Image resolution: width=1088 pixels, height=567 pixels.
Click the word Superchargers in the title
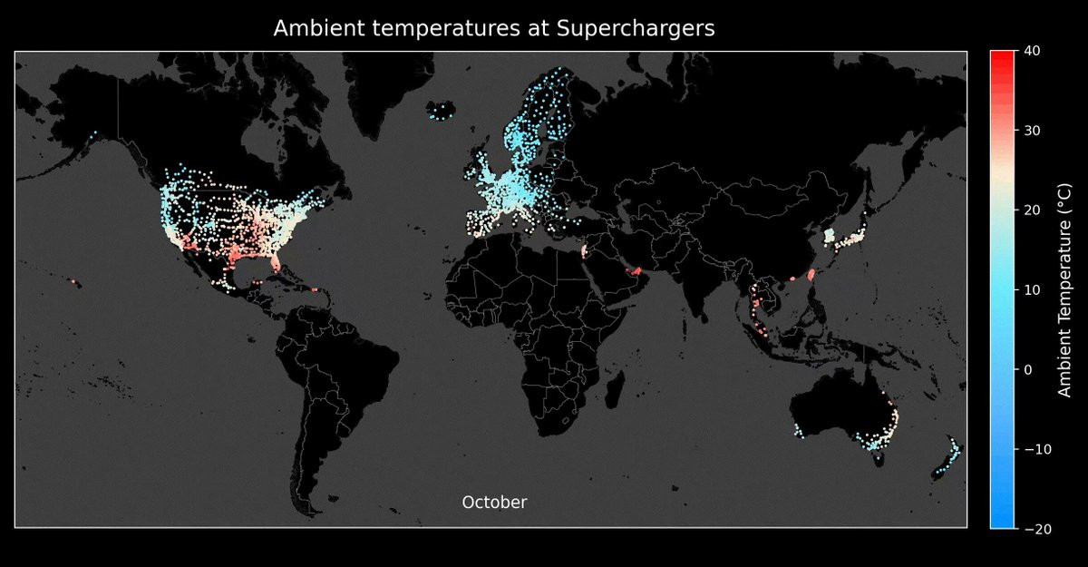pos(636,29)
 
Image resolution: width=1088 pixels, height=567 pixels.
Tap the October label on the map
pos(494,503)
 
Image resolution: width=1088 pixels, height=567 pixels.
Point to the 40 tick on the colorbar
pos(1032,51)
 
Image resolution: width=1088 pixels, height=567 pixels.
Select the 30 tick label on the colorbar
pos(1032,131)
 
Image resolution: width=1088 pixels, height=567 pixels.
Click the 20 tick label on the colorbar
pos(1032,210)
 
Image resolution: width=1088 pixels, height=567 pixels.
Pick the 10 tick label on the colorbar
pos(1032,289)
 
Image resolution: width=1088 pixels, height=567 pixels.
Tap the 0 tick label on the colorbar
pos(1028,370)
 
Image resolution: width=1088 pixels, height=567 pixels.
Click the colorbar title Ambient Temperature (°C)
pos(1064,290)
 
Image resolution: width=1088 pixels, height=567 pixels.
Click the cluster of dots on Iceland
pos(442,112)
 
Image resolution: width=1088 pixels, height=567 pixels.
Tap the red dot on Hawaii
pos(73,281)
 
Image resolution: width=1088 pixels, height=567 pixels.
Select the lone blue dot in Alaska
pos(95,132)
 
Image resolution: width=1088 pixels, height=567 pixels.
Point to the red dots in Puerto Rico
pos(315,289)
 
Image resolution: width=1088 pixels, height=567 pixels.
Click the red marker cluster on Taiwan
pos(811,275)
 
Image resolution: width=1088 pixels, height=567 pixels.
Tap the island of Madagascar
pos(615,390)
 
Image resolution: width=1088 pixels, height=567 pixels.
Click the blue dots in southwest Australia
pos(798,431)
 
